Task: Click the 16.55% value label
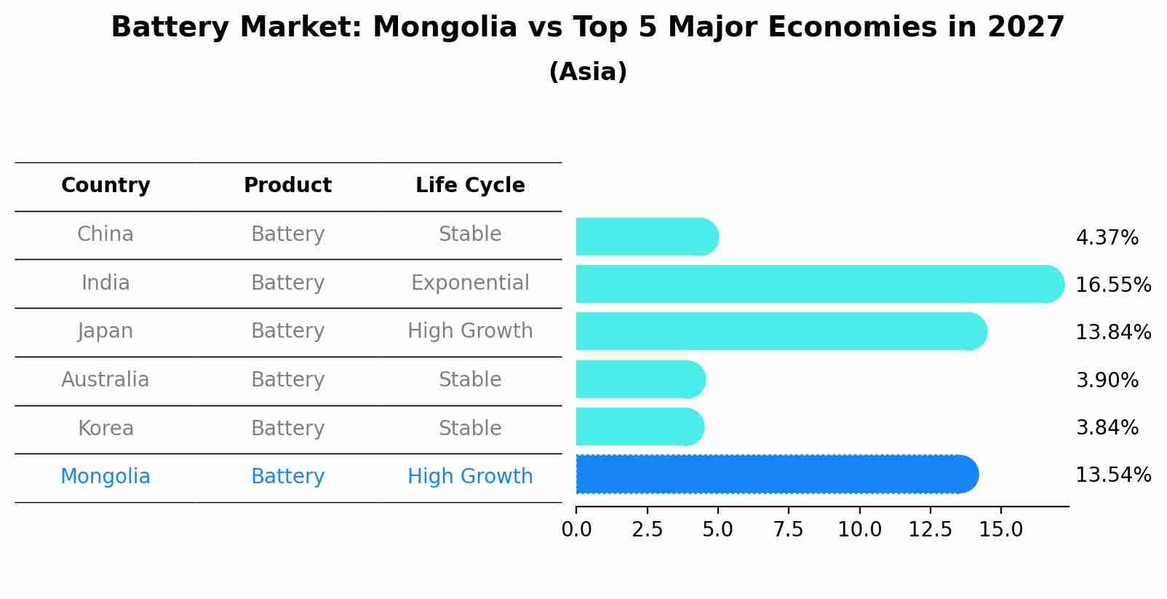pos(1112,285)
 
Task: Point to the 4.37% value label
pos(1107,238)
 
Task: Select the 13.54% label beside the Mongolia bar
pos(1112,475)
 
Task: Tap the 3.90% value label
pos(1107,380)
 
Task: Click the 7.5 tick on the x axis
pos(789,530)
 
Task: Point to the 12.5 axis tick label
pos(930,530)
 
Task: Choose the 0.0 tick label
pos(576,530)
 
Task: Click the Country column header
pos(105,186)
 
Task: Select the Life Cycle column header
pos(470,186)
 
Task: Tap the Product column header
pos(287,186)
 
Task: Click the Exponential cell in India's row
pos(470,283)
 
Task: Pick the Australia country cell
pos(105,380)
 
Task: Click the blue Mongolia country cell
pos(105,477)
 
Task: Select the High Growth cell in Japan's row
pos(470,331)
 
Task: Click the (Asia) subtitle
pos(588,72)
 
